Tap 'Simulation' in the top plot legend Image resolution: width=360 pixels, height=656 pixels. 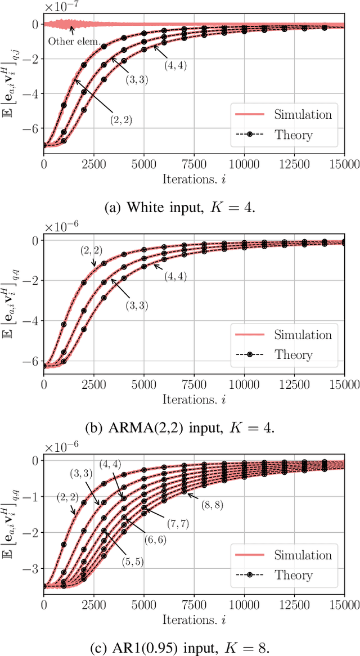click(303, 114)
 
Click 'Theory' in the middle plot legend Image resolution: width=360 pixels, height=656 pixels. click(294, 355)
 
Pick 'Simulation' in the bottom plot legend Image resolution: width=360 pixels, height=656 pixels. click(303, 555)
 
